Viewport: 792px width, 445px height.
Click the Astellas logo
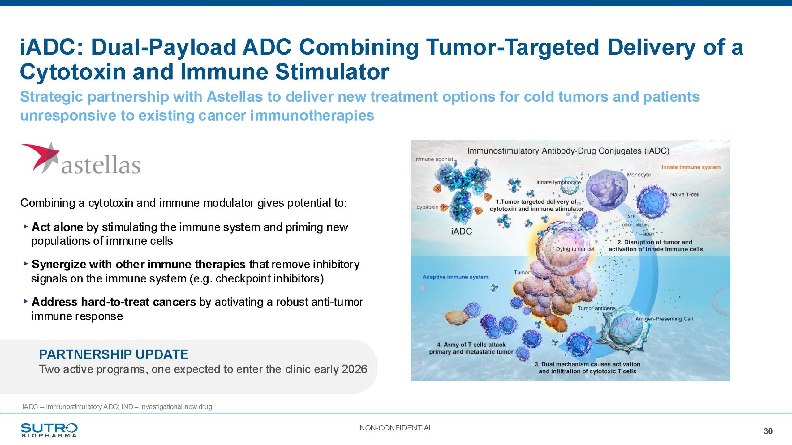pos(80,158)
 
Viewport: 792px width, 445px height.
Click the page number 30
pos(768,431)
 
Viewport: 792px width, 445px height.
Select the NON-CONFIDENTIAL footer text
pos(396,428)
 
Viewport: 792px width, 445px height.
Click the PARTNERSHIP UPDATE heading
pos(114,354)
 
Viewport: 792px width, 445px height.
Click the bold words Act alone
pos(57,227)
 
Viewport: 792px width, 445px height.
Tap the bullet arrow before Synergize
pos(26,264)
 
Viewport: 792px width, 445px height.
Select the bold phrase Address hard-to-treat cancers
pos(114,302)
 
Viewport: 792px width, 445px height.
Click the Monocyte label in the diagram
pos(639,175)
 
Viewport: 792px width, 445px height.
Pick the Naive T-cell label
pos(685,194)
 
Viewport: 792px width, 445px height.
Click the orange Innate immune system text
pos(691,167)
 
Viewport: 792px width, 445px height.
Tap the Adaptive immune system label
pos(455,277)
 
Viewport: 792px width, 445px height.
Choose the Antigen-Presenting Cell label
pos(664,319)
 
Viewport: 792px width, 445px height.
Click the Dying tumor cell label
pos(576,249)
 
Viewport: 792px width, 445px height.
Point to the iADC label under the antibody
pos(462,231)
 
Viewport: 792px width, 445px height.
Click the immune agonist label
pos(434,159)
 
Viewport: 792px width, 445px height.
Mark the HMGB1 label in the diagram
pos(647,235)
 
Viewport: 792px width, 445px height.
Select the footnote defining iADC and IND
pos(117,407)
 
